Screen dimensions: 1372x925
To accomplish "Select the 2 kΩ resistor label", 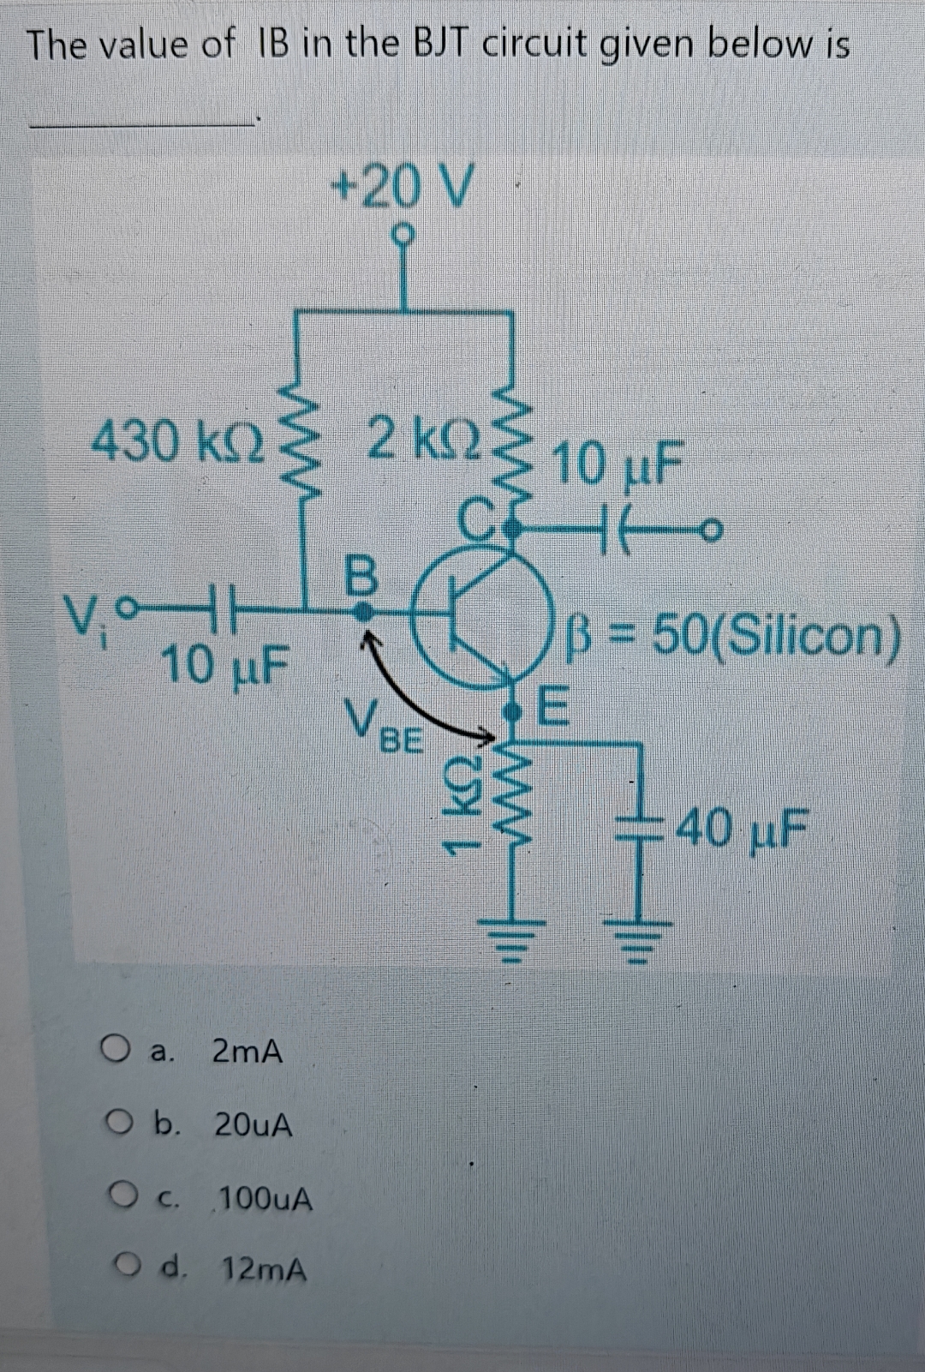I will [x=418, y=440].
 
